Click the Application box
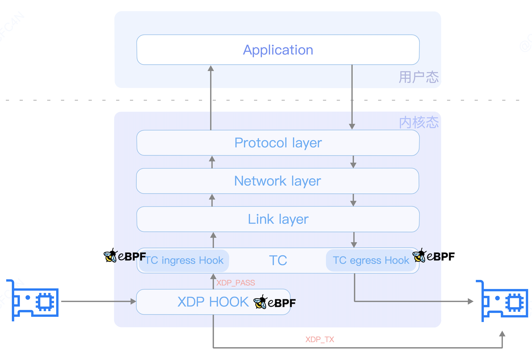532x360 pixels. click(x=278, y=50)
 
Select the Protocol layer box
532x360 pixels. click(x=278, y=143)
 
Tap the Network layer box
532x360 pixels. click(x=277, y=181)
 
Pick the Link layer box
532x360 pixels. click(x=278, y=219)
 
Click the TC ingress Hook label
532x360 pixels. click(x=184, y=260)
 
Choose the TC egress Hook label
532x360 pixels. click(x=371, y=260)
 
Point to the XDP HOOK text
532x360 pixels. click(x=213, y=302)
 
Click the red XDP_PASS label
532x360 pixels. click(x=235, y=283)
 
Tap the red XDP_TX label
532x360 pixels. click(x=320, y=339)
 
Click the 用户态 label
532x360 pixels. click(x=419, y=77)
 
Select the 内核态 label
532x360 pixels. click(x=419, y=122)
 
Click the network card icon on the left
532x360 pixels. click(x=32, y=301)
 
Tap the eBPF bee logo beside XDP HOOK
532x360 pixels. click(x=274, y=302)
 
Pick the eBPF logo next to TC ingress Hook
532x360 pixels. click(x=125, y=256)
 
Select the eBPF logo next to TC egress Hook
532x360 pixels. click(x=433, y=256)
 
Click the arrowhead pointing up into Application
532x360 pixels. click(x=211, y=68)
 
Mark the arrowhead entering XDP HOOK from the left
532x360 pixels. click(x=134, y=301)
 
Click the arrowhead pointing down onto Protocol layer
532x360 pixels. click(x=352, y=126)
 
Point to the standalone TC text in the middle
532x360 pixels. click(x=278, y=260)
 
